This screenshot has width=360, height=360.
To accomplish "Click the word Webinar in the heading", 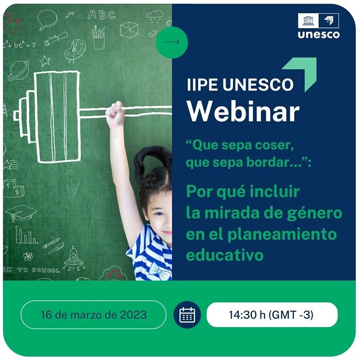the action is coord(244,111).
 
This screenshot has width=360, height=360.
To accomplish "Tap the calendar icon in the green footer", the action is coord(187,314).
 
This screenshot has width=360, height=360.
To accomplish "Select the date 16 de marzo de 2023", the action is coord(94,314).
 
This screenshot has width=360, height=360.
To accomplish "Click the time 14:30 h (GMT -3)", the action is coord(271,314).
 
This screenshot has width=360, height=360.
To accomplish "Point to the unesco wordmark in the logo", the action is coord(319,34).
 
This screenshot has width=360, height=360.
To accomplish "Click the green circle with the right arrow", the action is coord(172,42).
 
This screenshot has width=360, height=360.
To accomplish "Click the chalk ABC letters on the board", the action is coord(101,15).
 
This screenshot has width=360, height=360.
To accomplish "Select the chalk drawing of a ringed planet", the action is coord(19,70).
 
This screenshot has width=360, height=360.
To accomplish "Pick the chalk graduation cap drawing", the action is coord(21,213).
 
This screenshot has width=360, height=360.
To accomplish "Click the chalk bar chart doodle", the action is coord(26,235).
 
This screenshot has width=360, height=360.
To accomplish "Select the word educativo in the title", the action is coord(224,255).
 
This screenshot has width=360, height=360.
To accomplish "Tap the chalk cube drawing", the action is coord(129,30).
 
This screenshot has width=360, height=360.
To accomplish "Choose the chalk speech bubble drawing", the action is coord(47,19).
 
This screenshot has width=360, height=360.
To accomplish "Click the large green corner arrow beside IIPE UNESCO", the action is coord(303,71).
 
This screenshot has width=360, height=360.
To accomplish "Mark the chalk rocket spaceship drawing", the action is coord(74,258).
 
